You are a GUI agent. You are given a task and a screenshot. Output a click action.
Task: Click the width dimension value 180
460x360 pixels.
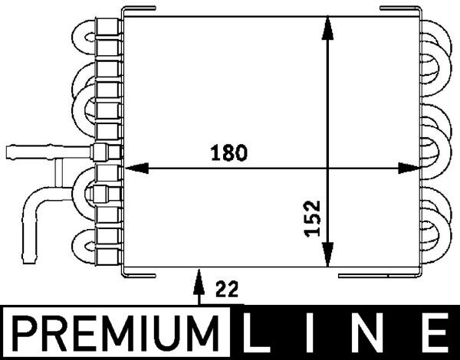pyautogui.click(x=230, y=152)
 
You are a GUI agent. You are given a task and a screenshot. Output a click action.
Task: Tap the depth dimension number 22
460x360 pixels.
pyautogui.click(x=227, y=289)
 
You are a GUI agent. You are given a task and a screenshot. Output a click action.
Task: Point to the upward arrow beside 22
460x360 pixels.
pyautogui.click(x=199, y=283)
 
